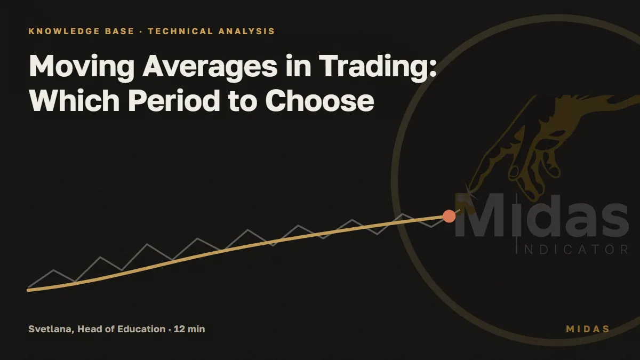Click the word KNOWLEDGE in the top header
click(x=64, y=31)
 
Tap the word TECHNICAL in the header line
click(x=180, y=31)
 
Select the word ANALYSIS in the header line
click(x=246, y=31)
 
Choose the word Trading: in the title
click(x=378, y=66)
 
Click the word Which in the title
click(x=74, y=101)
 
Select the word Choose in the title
click(x=319, y=101)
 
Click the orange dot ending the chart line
click(x=449, y=216)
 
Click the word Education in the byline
click(x=141, y=329)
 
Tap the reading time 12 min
click(x=189, y=329)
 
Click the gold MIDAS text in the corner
click(x=588, y=329)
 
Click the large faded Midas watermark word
click(x=542, y=215)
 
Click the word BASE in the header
click(x=119, y=31)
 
